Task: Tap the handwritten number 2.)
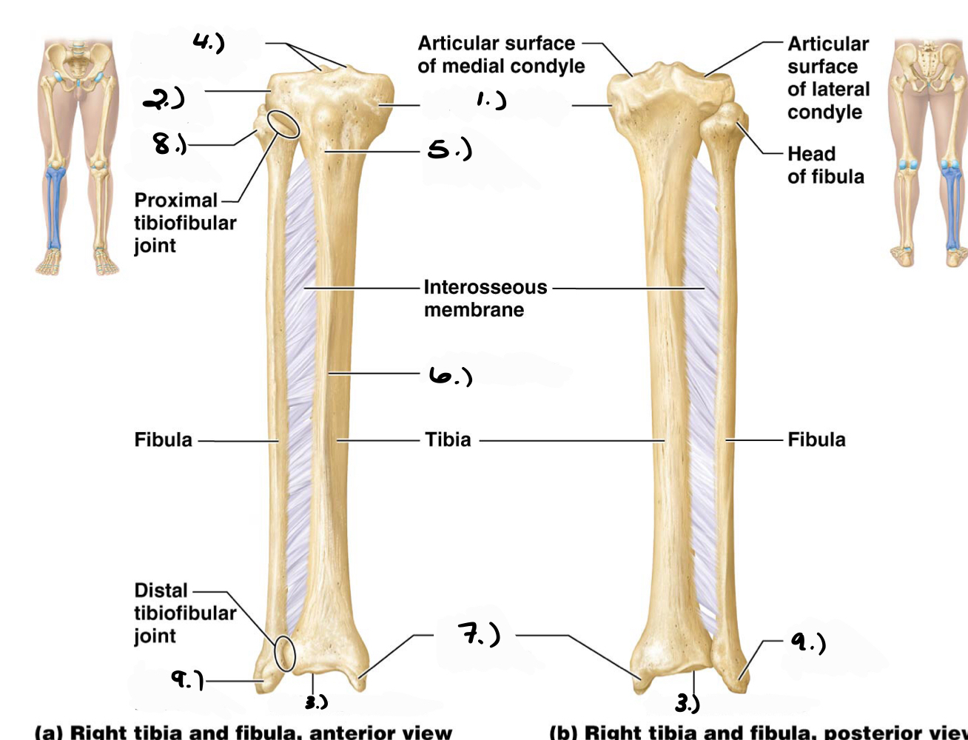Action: coord(164,98)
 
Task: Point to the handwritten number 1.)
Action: coord(491,100)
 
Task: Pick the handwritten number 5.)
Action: coord(449,150)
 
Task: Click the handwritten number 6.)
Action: coord(450,377)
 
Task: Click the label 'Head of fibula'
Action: coord(825,165)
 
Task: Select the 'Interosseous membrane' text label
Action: coord(485,298)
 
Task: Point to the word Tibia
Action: coord(448,440)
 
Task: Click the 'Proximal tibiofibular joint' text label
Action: coord(184,223)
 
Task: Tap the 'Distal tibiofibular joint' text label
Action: coord(184,613)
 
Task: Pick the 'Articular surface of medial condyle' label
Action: coord(500,55)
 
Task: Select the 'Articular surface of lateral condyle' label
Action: coord(828,78)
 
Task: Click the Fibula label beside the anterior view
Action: coord(163,440)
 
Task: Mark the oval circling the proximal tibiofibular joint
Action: coord(283,124)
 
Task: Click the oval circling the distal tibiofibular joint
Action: coord(284,653)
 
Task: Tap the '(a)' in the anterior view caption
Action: coord(50,733)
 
